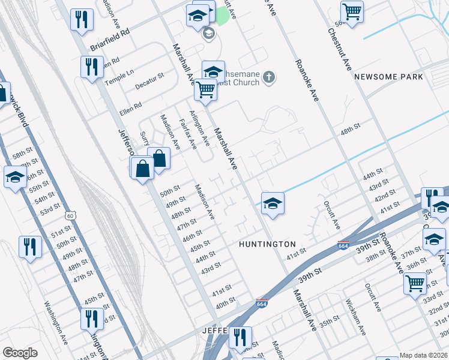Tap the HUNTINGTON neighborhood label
(x=267, y=244)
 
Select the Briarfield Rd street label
(x=110, y=41)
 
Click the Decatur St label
(x=149, y=81)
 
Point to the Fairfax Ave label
(x=188, y=134)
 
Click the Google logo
(x=20, y=353)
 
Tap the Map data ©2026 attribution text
(x=424, y=355)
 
